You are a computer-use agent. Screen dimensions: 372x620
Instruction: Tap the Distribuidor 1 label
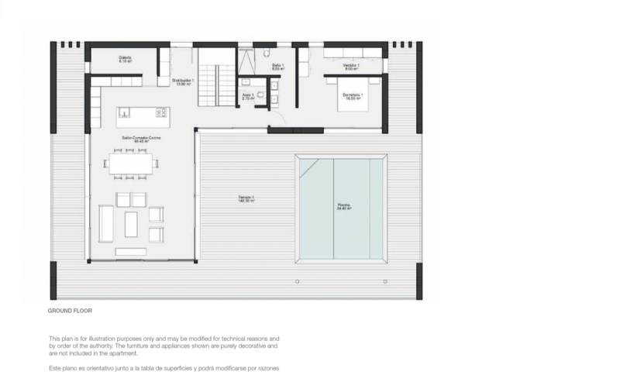[183, 81]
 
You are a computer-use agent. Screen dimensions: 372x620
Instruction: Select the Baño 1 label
[277, 67]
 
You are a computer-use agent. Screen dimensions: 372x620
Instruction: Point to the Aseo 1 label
[248, 97]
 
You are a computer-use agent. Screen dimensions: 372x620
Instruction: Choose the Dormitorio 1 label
[353, 97]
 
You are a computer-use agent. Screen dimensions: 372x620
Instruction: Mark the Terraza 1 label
[246, 199]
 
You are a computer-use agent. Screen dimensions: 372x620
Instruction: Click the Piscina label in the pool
[343, 207]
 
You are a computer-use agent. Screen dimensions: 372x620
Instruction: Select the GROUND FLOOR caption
[70, 311]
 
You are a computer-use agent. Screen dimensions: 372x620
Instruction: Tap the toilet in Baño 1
[266, 53]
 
